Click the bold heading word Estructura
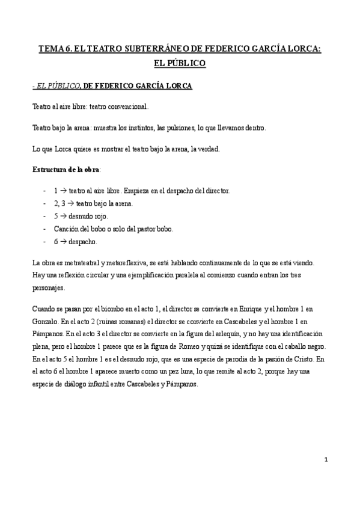pyautogui.click(x=50, y=170)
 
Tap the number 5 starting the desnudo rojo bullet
pyautogui.click(x=55, y=216)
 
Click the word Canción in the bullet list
pyautogui.click(x=66, y=229)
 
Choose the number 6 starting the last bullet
pyautogui.click(x=55, y=241)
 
